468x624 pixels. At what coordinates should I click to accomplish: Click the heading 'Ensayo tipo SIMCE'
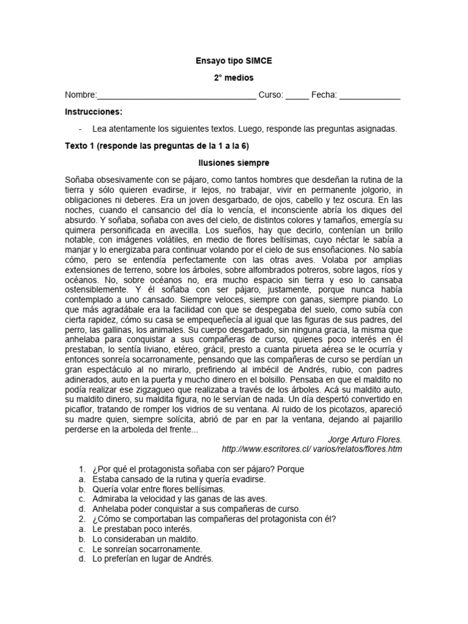(233, 62)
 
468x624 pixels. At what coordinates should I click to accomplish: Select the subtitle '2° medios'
(233, 78)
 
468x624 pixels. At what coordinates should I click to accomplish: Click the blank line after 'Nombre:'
(177, 96)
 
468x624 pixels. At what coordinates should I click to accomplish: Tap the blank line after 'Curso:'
(297, 96)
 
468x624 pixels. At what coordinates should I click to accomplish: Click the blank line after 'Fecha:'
(370, 96)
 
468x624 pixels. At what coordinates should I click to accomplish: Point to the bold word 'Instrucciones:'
(94, 112)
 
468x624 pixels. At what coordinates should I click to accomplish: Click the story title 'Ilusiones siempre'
(233, 163)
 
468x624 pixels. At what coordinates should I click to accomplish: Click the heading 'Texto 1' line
(157, 146)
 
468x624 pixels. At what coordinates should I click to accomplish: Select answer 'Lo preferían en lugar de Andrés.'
(153, 559)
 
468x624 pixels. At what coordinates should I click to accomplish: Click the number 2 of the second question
(81, 519)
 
